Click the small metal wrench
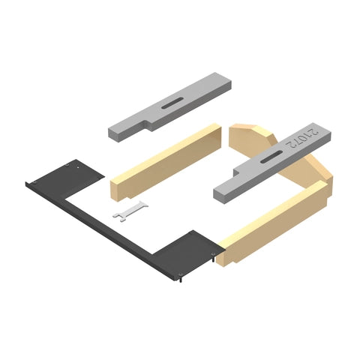tap(130, 212)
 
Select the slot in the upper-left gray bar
tap(174, 103)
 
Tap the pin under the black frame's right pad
tap(181, 280)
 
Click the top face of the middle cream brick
tap(165, 150)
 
